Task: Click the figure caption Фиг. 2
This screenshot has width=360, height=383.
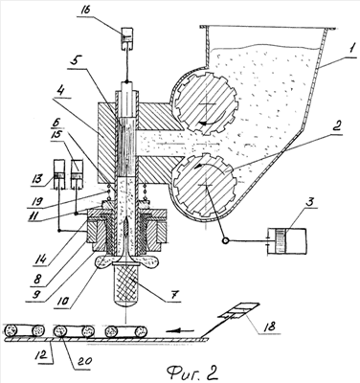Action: [191, 371]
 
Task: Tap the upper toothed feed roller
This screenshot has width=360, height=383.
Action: [206, 103]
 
